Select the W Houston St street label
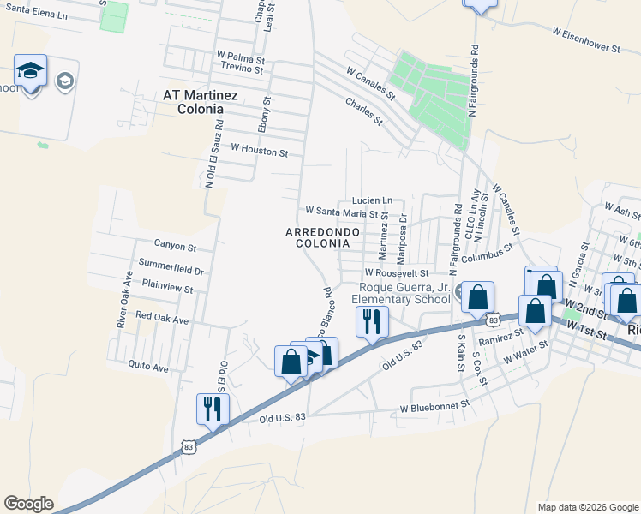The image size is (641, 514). (x=260, y=152)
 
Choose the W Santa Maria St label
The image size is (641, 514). (x=342, y=211)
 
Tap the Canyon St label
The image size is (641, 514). (x=175, y=247)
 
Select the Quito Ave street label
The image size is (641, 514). (x=148, y=367)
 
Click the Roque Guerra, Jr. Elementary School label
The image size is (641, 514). (x=404, y=293)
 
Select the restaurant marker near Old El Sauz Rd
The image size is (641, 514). (x=211, y=408)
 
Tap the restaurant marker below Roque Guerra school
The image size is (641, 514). (x=372, y=321)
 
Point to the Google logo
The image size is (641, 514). (x=28, y=504)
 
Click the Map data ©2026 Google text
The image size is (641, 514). (x=587, y=507)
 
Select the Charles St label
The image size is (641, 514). (x=363, y=112)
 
